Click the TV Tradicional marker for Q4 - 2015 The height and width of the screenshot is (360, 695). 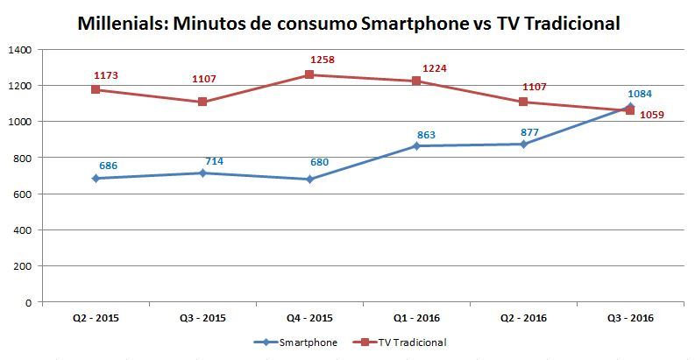(x=309, y=75)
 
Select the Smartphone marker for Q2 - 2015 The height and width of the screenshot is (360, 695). (x=96, y=179)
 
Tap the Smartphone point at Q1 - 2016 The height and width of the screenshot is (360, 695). (x=416, y=146)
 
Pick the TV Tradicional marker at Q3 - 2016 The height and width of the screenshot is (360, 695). (x=630, y=110)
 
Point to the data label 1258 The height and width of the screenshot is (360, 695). (x=323, y=60)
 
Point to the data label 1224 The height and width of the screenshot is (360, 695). (x=436, y=68)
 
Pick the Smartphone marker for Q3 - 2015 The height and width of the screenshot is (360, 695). (x=202, y=173)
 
